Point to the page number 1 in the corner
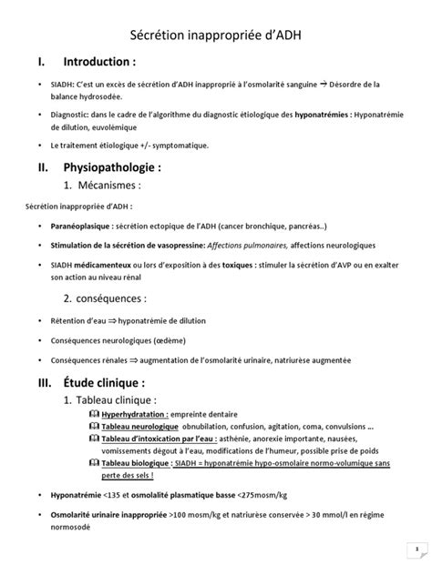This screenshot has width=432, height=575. coord(417,550)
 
